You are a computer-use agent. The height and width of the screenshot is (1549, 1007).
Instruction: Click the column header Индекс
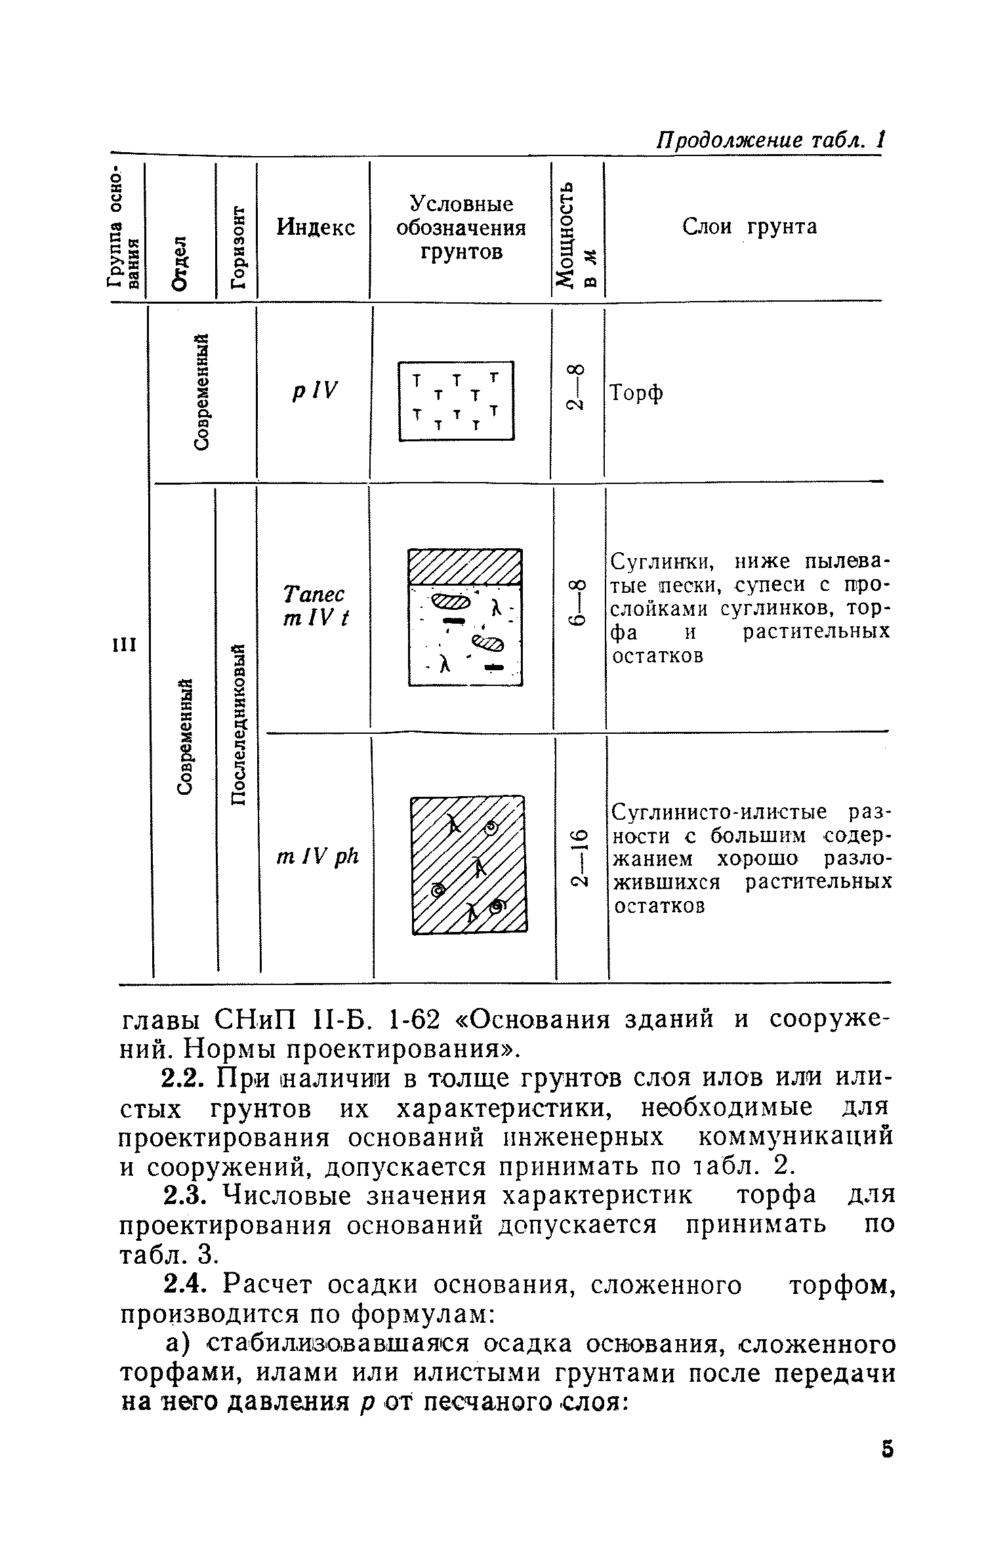[x=316, y=228]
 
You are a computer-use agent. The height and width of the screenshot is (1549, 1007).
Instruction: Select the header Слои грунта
[x=750, y=227]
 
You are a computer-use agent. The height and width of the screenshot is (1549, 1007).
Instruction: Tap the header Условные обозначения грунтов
[x=461, y=228]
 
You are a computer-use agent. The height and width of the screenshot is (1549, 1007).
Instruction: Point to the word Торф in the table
[x=636, y=393]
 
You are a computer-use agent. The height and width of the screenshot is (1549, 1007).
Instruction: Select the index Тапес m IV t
[x=315, y=606]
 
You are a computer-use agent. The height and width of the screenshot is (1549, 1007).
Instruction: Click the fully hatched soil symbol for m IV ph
[x=468, y=864]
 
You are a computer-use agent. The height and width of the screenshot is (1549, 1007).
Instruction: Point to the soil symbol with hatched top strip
[x=464, y=617]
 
